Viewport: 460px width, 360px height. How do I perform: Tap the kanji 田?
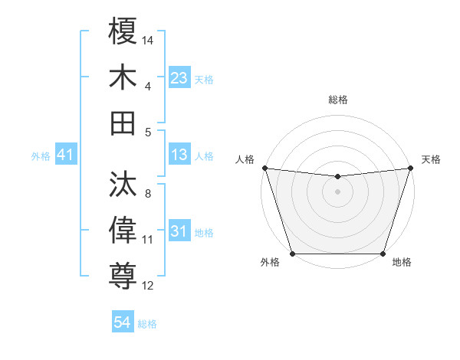(123, 123)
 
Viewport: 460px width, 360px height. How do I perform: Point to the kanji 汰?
(123, 184)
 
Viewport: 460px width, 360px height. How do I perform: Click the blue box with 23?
(179, 78)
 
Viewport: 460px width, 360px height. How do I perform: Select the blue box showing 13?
(179, 155)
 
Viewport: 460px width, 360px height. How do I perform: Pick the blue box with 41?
(65, 155)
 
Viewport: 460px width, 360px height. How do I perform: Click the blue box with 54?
(122, 322)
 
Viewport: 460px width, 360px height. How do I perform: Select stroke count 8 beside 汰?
(147, 194)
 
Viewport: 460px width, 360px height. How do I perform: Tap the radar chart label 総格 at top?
(337, 100)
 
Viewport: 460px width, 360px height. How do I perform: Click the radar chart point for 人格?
(264, 168)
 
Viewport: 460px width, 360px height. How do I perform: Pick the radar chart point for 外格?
(292, 254)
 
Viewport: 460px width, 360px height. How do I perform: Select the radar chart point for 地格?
(383, 254)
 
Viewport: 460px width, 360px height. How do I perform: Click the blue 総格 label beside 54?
(147, 324)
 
